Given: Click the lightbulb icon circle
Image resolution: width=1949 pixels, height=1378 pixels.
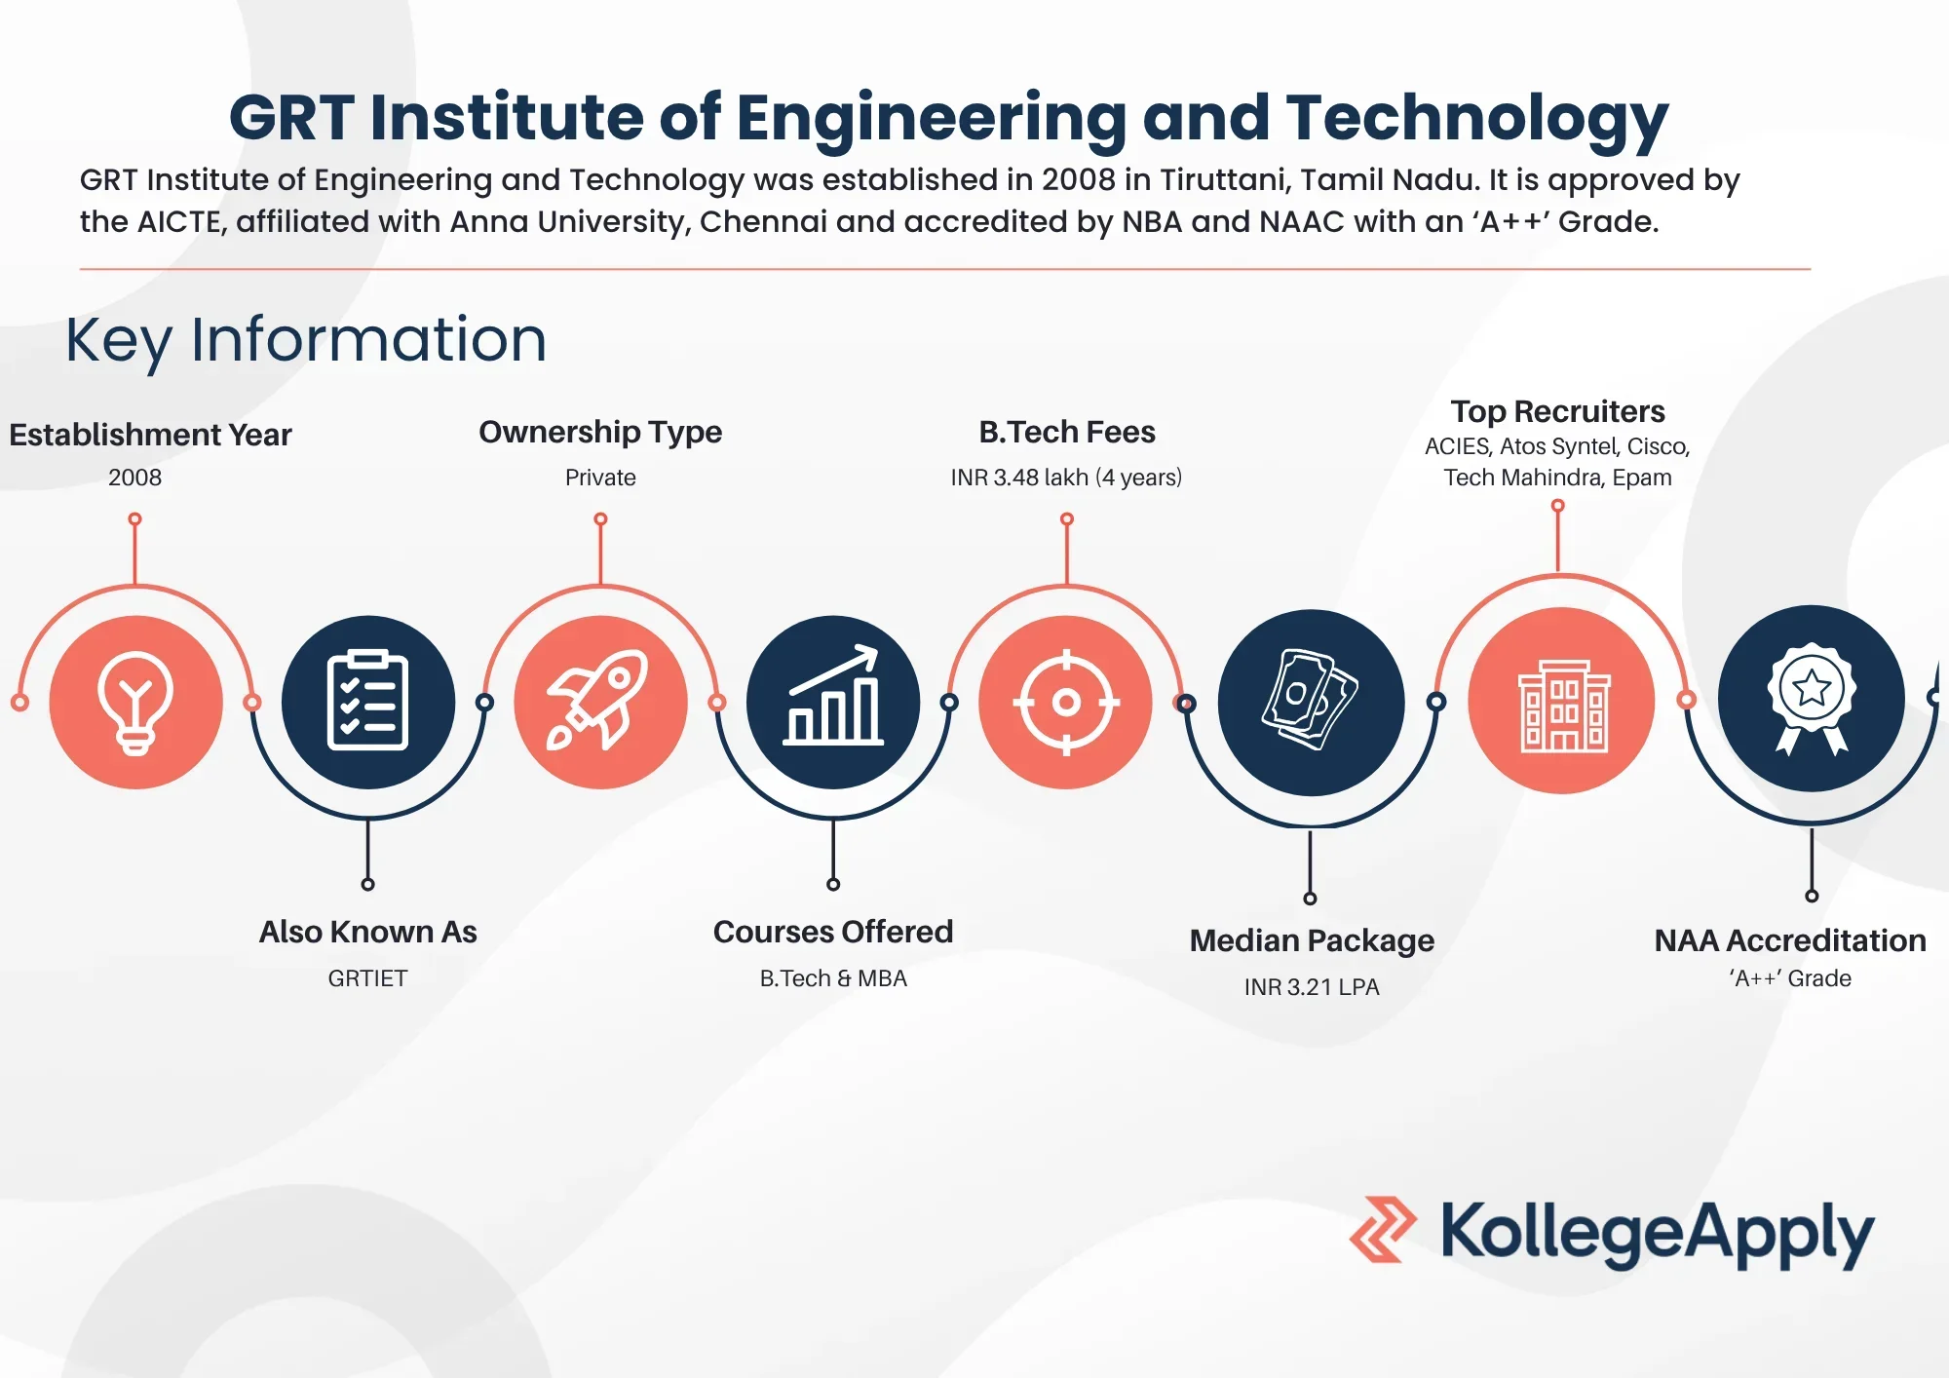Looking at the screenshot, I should (x=135, y=702).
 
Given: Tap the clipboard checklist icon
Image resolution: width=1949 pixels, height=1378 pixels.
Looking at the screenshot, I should (x=367, y=702).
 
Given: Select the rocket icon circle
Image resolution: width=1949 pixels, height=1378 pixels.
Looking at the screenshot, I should (x=600, y=702).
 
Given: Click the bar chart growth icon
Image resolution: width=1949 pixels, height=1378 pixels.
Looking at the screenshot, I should (x=833, y=702).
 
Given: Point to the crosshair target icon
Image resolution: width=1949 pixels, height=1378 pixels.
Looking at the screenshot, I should (x=1066, y=702).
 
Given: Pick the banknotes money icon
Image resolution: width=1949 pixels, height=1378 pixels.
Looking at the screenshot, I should (x=1311, y=702).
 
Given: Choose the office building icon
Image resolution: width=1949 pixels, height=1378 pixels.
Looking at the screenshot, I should (x=1561, y=702).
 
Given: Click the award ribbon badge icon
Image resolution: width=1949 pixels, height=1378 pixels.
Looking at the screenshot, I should (x=1811, y=699).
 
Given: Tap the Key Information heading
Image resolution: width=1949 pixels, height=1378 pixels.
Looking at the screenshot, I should (x=306, y=340).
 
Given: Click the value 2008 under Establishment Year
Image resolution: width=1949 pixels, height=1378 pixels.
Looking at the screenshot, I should (x=134, y=478).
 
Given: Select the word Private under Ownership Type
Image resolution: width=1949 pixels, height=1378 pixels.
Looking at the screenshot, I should (x=600, y=478).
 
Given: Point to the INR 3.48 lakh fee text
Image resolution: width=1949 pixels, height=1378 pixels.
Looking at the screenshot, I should (x=1066, y=478).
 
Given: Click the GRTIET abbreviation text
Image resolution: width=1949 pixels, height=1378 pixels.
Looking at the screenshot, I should (x=367, y=978).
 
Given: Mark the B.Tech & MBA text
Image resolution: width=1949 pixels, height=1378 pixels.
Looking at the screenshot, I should (x=833, y=978).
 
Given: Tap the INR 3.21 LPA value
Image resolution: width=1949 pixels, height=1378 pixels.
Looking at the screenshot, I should (x=1312, y=987).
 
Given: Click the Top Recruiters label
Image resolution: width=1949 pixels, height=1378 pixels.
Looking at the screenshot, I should (x=1557, y=411).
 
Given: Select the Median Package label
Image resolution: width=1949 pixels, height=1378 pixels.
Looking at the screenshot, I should (x=1312, y=940).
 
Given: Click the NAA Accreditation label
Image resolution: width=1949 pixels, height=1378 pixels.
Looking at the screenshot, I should (x=1790, y=940).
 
